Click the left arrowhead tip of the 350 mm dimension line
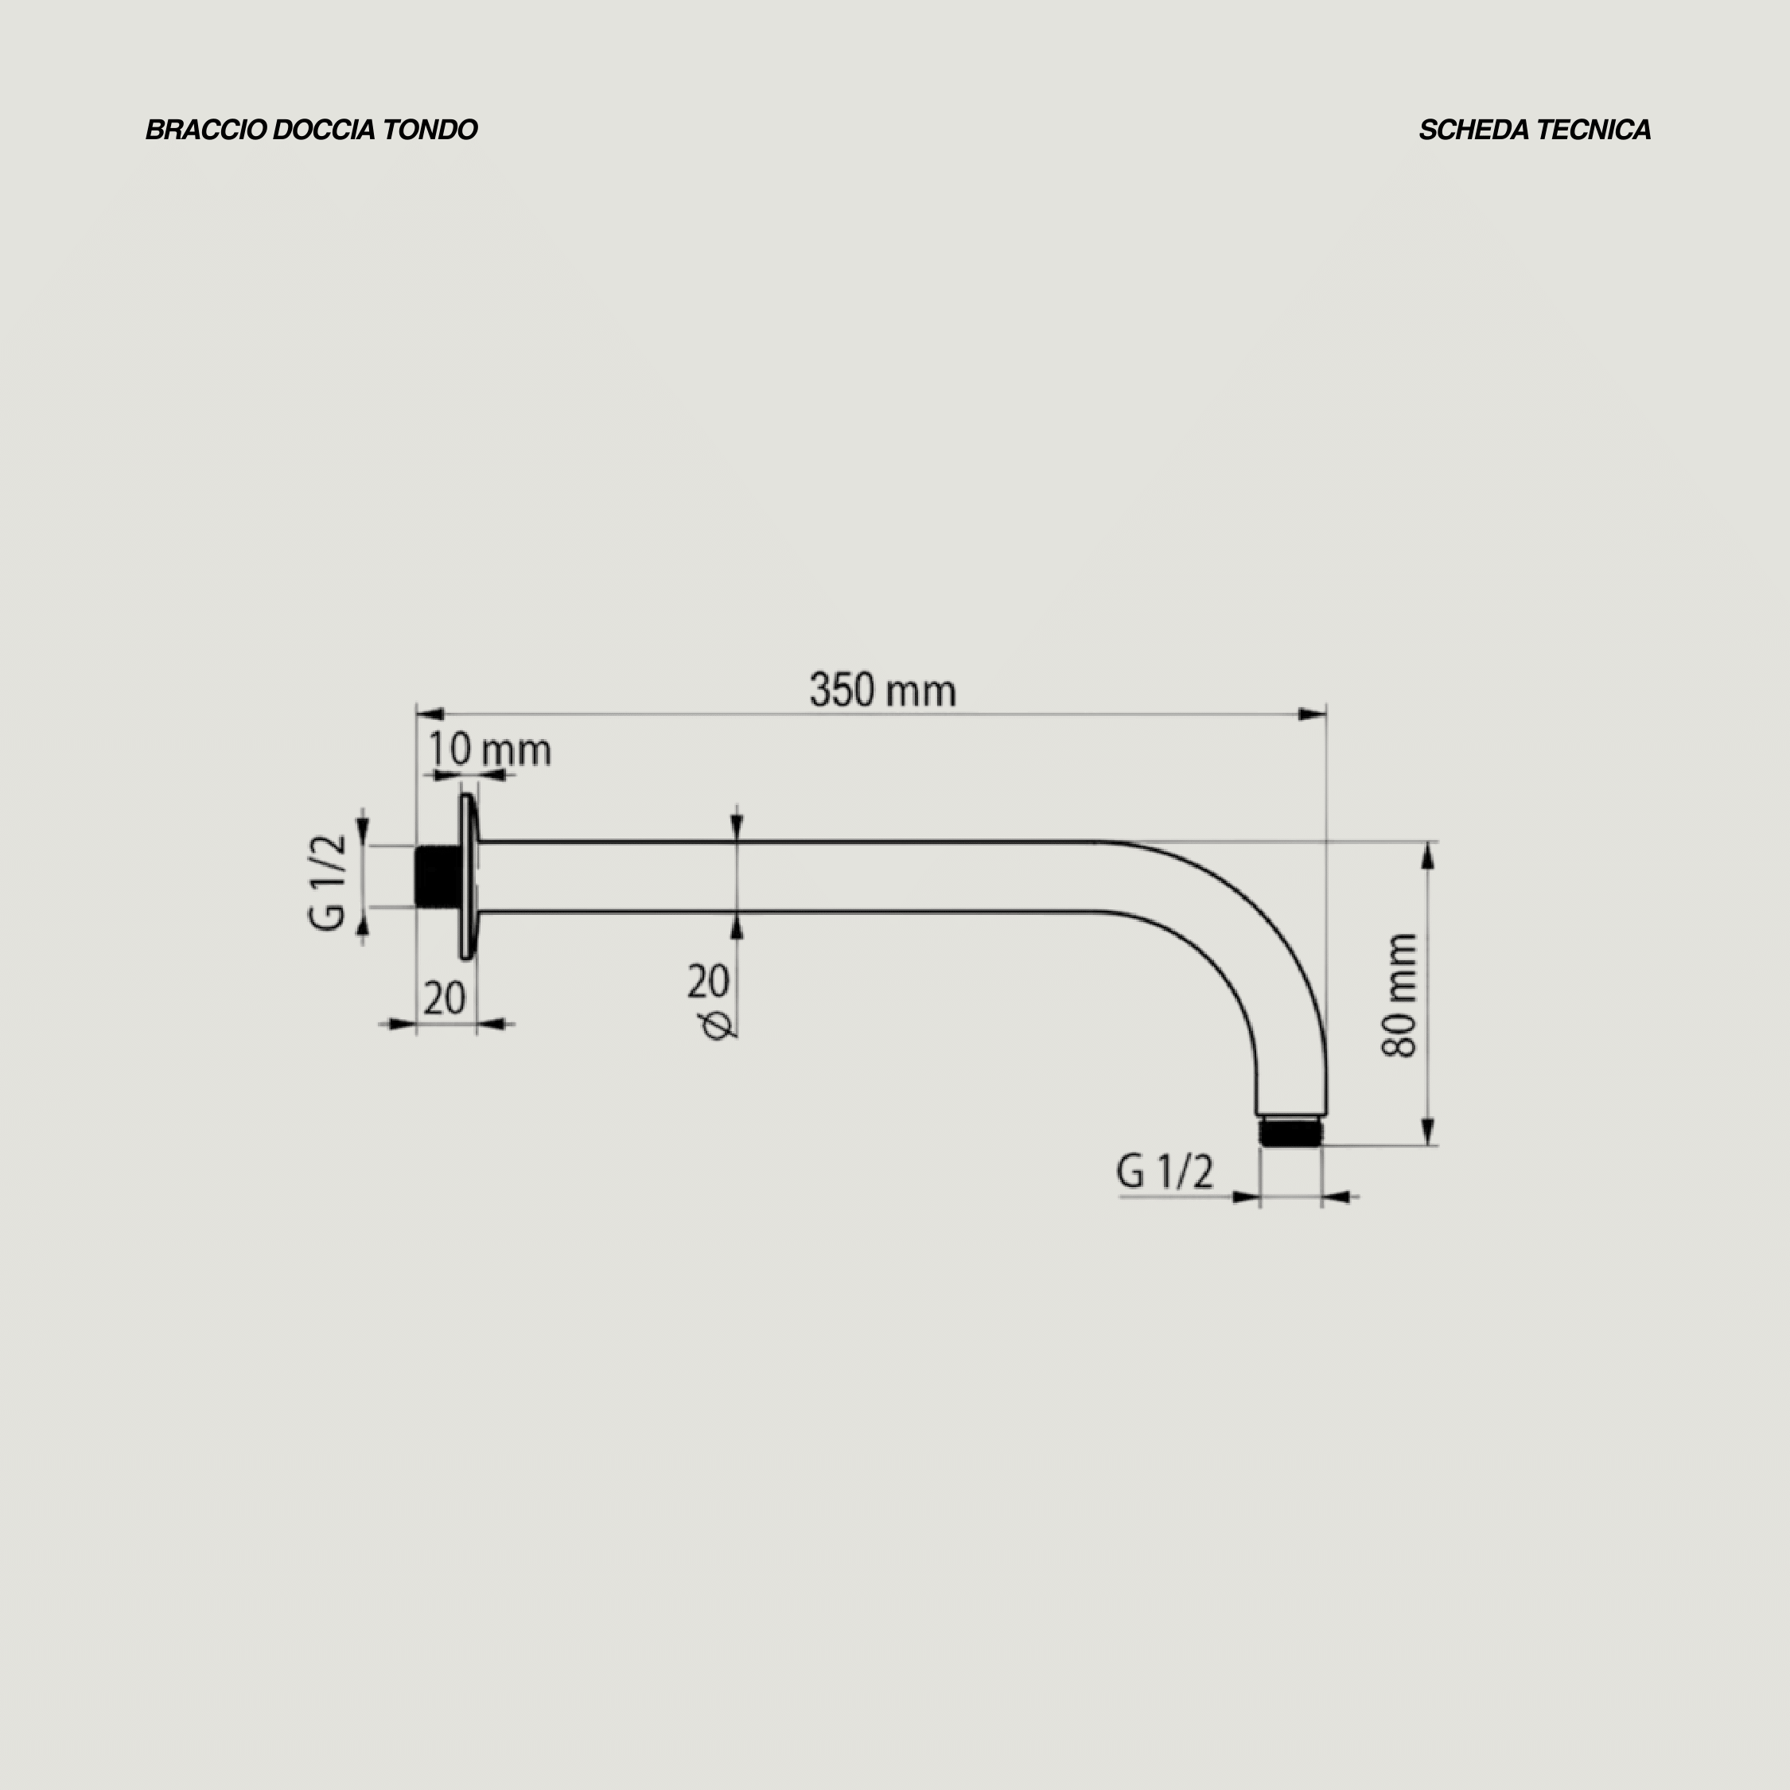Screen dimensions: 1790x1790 click(417, 714)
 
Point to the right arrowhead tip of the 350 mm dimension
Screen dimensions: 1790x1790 click(1326, 714)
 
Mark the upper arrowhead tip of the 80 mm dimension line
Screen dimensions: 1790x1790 click(1428, 842)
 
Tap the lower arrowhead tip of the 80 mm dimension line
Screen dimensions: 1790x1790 click(1428, 1145)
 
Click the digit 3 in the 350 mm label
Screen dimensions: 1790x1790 click(819, 691)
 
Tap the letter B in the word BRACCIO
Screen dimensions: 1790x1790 click(154, 130)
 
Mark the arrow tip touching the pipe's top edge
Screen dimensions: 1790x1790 click(737, 841)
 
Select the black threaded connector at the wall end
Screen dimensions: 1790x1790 click(438, 877)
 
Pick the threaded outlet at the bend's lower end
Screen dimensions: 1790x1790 click(1291, 1132)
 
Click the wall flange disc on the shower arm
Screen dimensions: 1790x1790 click(469, 877)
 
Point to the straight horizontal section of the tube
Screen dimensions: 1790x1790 click(788, 877)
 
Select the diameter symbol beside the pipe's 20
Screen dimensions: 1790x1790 click(718, 1025)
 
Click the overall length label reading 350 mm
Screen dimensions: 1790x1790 click(883, 691)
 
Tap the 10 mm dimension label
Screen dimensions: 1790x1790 click(489, 749)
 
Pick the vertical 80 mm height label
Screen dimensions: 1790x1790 click(1399, 996)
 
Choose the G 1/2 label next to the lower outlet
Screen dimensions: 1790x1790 click(1165, 1172)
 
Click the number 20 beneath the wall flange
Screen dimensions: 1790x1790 click(445, 998)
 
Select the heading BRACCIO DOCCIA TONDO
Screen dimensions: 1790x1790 click(311, 130)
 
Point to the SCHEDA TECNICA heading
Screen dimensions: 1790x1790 click(1535, 130)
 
